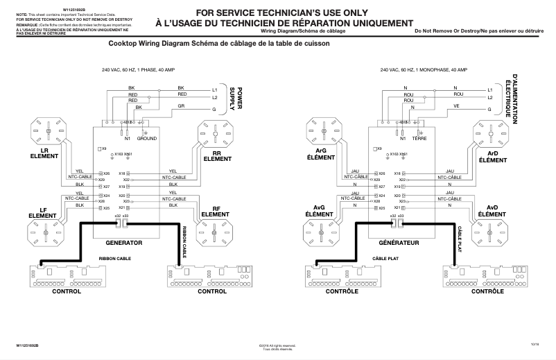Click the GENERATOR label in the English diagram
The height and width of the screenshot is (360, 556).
pos(123,243)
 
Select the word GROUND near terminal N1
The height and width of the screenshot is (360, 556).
pos(147,139)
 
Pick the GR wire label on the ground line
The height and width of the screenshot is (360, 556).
pos(181,106)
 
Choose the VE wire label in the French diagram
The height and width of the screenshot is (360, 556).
pos(457,106)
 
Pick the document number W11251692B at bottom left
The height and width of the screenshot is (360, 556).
pos(31,345)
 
